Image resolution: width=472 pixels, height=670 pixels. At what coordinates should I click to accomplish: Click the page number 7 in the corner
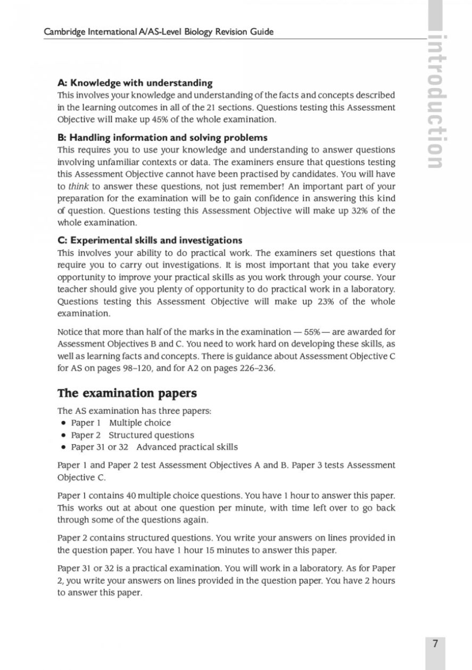click(435, 643)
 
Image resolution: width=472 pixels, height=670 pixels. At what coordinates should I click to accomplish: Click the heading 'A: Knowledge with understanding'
click(135, 83)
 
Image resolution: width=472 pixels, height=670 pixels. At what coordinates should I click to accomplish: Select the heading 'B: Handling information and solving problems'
click(162, 138)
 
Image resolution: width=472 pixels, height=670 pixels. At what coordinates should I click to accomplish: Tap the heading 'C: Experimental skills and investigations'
click(150, 240)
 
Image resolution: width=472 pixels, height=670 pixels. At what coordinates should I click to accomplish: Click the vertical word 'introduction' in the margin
click(437, 101)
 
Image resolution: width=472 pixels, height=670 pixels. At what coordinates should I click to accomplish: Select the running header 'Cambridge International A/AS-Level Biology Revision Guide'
click(159, 32)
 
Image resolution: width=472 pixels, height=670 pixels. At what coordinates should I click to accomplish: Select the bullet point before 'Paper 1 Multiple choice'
click(64, 423)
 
